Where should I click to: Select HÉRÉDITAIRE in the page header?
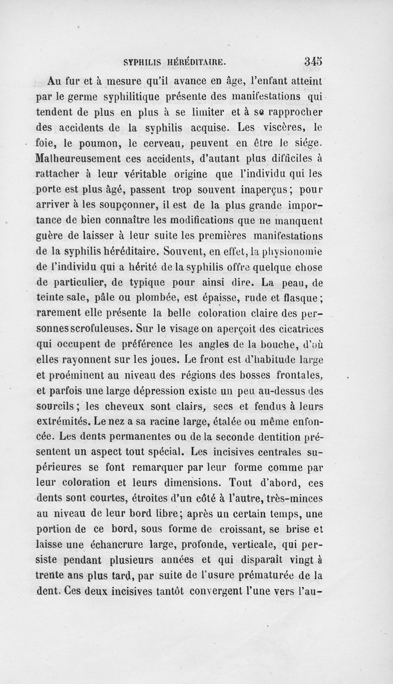coord(196,62)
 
